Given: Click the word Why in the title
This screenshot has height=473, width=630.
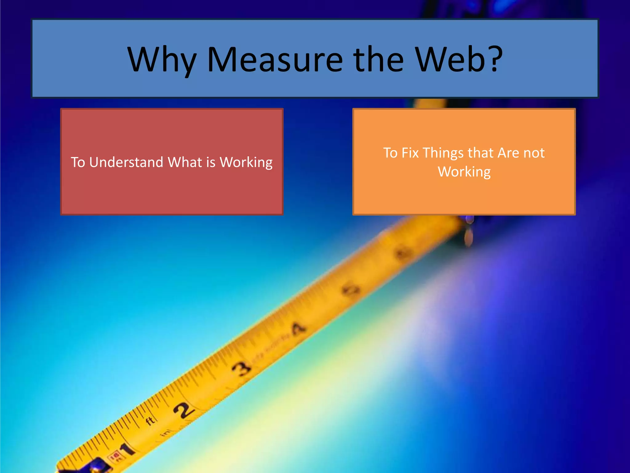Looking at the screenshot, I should pyautogui.click(x=162, y=60).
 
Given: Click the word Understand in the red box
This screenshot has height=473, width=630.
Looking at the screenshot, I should pyautogui.click(x=126, y=162).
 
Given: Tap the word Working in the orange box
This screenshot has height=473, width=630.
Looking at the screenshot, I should pyautogui.click(x=464, y=172).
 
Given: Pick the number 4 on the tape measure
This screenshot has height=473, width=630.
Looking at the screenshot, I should pyautogui.click(x=298, y=329).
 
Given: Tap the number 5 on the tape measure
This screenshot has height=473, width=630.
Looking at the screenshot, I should pyautogui.click(x=351, y=290).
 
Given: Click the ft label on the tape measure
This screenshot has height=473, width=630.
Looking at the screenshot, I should pyautogui.click(x=150, y=421).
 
